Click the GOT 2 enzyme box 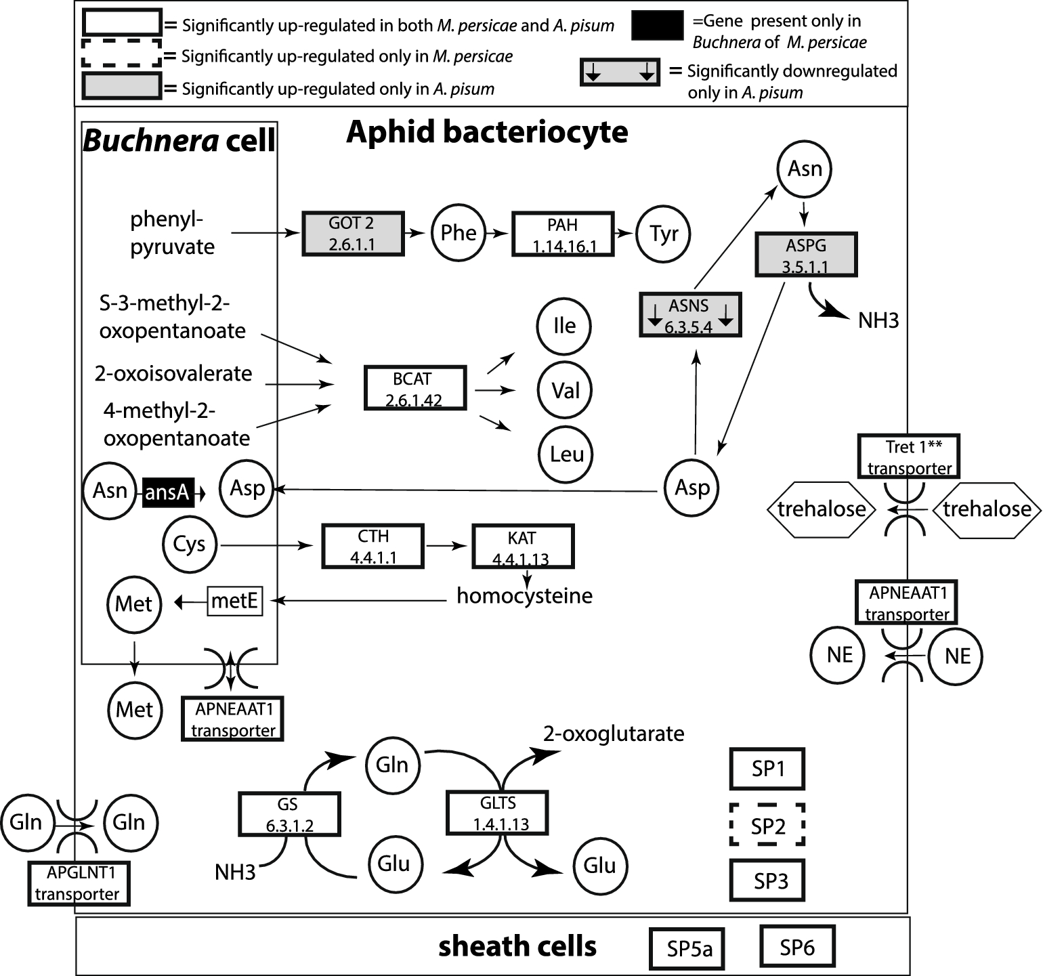coord(352,233)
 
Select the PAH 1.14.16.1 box coord(562,234)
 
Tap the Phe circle coord(459,233)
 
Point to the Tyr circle coord(664,234)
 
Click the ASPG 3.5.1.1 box coord(806,255)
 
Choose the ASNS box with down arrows coord(689,315)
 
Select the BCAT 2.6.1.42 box coord(414,388)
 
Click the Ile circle coord(564,326)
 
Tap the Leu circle coord(566,454)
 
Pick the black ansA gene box coord(167,492)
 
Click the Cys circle coord(190,545)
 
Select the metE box coord(234,601)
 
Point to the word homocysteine coord(524,596)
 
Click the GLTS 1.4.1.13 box coord(496,813)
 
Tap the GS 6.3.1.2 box coord(289,814)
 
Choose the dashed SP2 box coord(767,825)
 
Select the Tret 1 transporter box coord(909,457)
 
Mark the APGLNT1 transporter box coord(79,883)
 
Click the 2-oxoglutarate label coord(613,734)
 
